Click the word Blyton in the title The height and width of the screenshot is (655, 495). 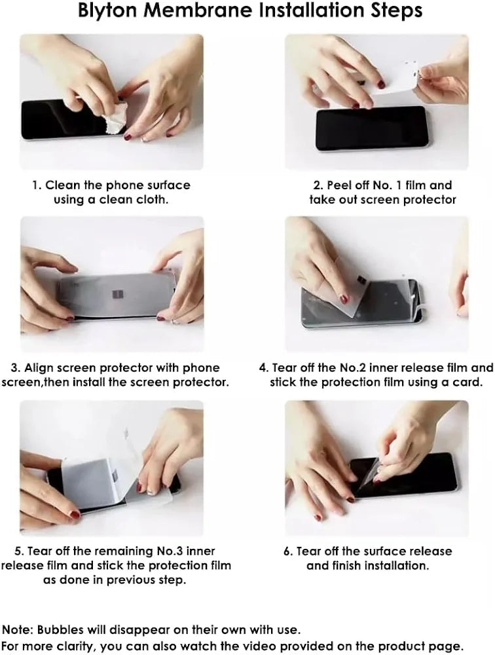[107, 10]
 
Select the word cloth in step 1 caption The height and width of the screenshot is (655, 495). [153, 200]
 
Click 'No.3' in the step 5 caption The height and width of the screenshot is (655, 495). [169, 551]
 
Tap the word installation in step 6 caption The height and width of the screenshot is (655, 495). [396, 566]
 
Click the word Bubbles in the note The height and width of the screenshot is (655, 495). [61, 629]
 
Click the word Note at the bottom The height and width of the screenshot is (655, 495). [18, 629]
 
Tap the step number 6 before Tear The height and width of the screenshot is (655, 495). [288, 552]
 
